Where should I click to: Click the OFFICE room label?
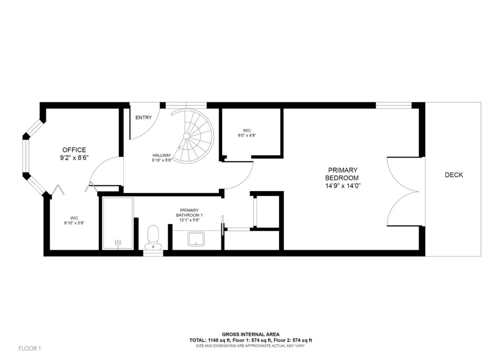pyautogui.click(x=74, y=150)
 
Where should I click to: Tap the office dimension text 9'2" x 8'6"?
pyautogui.click(x=74, y=158)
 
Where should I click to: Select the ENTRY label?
pyautogui.click(x=143, y=118)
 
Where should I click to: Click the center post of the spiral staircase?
pyautogui.click(x=187, y=136)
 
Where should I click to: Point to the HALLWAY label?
pyautogui.click(x=162, y=155)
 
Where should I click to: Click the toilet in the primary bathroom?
pyautogui.click(x=153, y=237)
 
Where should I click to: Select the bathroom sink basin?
pyautogui.click(x=196, y=239)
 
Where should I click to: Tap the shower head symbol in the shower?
pyautogui.click(x=118, y=242)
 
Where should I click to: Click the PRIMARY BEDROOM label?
pyautogui.click(x=343, y=174)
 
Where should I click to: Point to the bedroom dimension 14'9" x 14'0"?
pyautogui.click(x=343, y=186)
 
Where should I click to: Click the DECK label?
pyautogui.click(x=454, y=175)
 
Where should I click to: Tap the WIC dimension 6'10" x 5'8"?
pyautogui.click(x=74, y=223)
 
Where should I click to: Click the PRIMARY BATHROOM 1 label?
pyautogui.click(x=189, y=213)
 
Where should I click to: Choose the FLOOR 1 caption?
pyautogui.click(x=30, y=348)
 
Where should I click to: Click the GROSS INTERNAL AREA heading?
pyautogui.click(x=251, y=334)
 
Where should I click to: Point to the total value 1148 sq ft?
pyautogui.click(x=217, y=340)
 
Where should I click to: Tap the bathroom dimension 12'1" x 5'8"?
pyautogui.click(x=189, y=220)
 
